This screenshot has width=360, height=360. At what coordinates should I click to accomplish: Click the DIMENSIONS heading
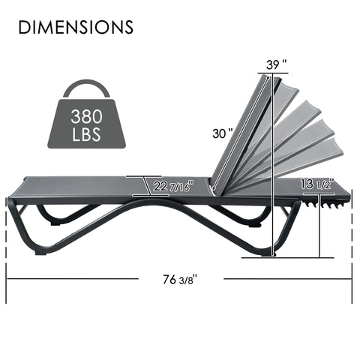tap(75, 28)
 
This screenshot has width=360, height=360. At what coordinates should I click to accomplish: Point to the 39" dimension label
tap(276, 66)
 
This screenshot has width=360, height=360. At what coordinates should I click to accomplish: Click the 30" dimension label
tap(221, 133)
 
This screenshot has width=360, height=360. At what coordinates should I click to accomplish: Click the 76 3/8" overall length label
tap(180, 279)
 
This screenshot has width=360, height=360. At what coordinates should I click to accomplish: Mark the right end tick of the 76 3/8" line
tap(351, 279)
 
